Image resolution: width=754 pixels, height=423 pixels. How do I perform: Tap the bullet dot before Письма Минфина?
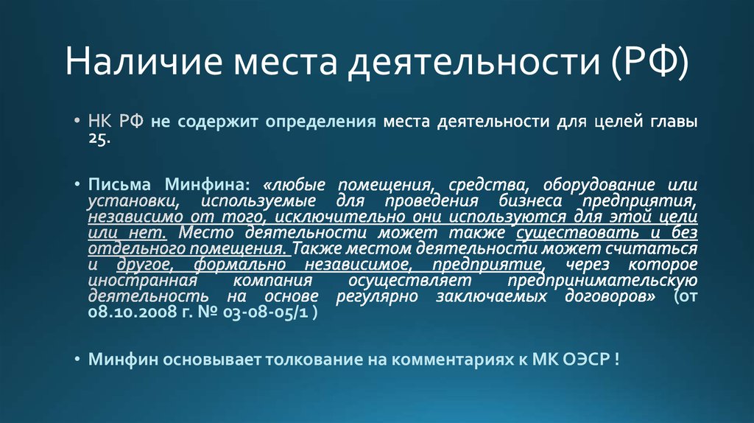pyautogui.click(x=77, y=183)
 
